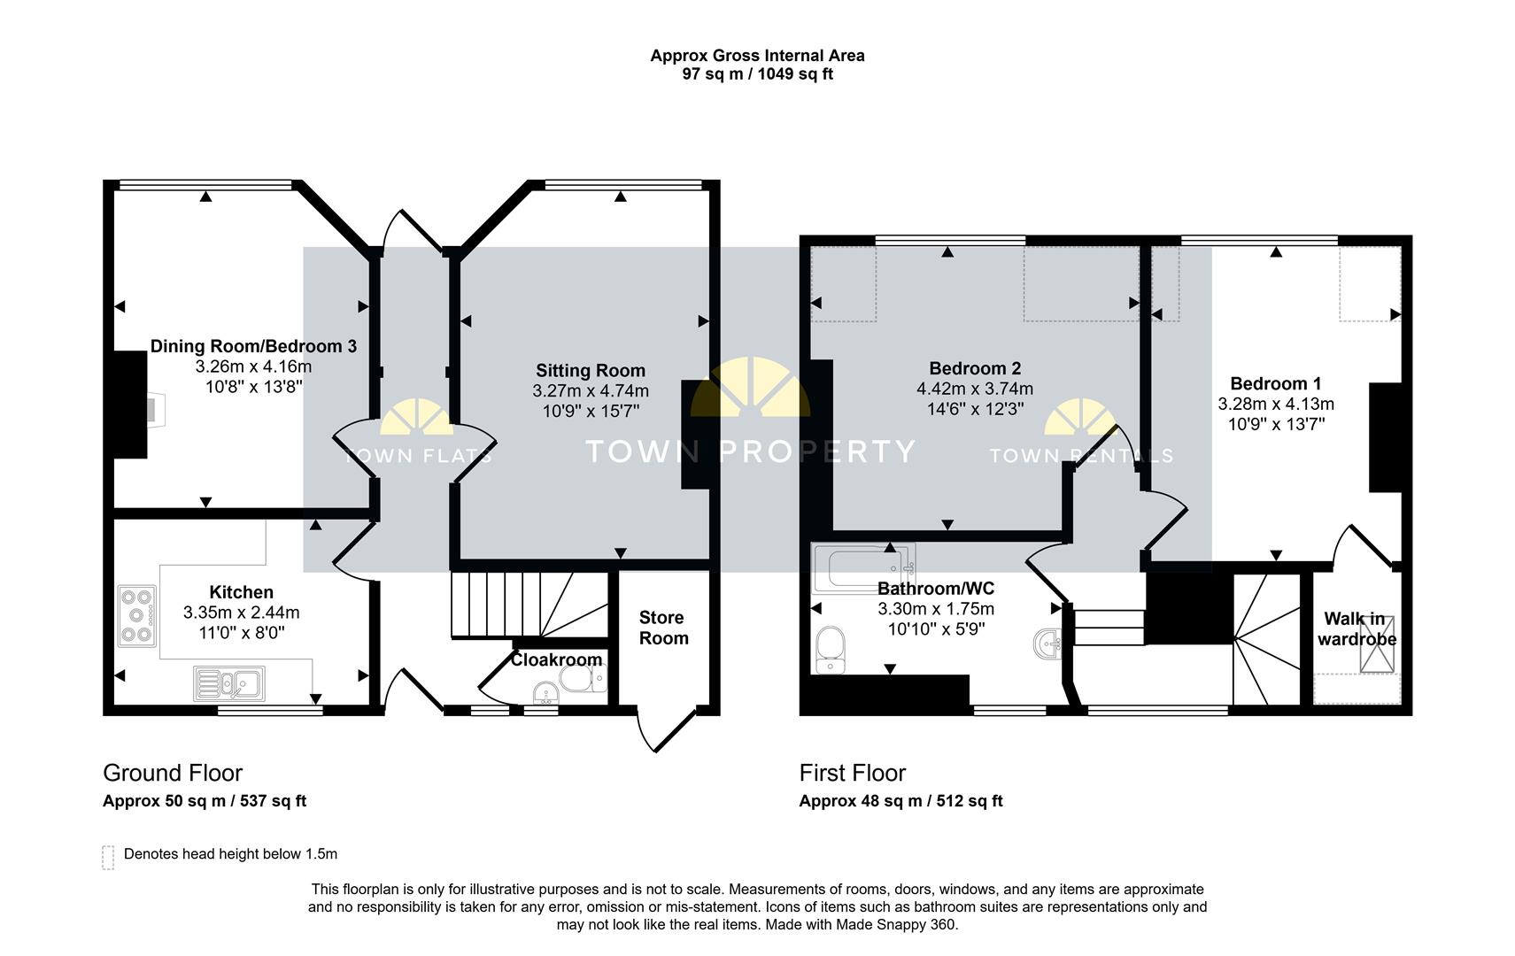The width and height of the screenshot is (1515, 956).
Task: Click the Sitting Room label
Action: click(590, 371)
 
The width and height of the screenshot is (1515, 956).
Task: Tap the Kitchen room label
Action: click(241, 592)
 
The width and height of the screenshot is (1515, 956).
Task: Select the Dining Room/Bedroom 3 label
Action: click(253, 346)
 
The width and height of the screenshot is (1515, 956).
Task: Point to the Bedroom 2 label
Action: click(975, 368)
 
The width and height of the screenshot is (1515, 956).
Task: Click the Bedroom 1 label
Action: click(1275, 383)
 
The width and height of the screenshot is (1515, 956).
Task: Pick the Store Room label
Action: click(663, 628)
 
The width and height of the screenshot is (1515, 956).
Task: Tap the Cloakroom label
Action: click(556, 659)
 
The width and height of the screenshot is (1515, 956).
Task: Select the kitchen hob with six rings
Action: click(137, 614)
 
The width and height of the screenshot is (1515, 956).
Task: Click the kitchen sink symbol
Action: click(228, 682)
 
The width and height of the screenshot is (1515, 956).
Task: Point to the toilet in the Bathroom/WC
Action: click(831, 650)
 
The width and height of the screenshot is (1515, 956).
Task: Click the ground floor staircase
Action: click(522, 605)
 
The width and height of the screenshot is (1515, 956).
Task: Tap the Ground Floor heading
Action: click(173, 773)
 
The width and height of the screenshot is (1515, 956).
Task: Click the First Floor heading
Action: click(852, 773)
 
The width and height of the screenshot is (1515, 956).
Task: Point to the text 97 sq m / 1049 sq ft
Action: click(757, 74)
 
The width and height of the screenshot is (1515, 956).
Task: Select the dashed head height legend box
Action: click(108, 857)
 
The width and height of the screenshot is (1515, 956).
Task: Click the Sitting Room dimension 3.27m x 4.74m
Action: click(590, 390)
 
